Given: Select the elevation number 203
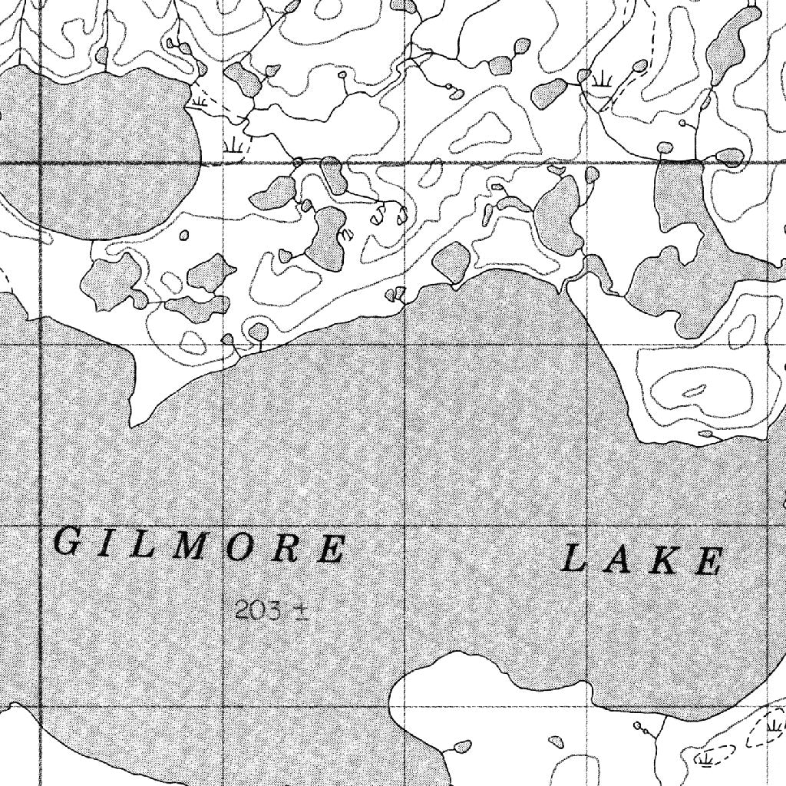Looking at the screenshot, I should (253, 611).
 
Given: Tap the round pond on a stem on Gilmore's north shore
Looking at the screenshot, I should (259, 331).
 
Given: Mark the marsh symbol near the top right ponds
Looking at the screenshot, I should (600, 78).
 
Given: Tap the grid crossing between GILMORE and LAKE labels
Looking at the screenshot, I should (405, 527).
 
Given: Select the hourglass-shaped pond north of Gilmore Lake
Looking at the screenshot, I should (328, 238).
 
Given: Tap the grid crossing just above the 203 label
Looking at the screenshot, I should (223, 527).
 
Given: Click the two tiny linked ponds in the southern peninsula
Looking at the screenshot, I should (642, 727).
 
